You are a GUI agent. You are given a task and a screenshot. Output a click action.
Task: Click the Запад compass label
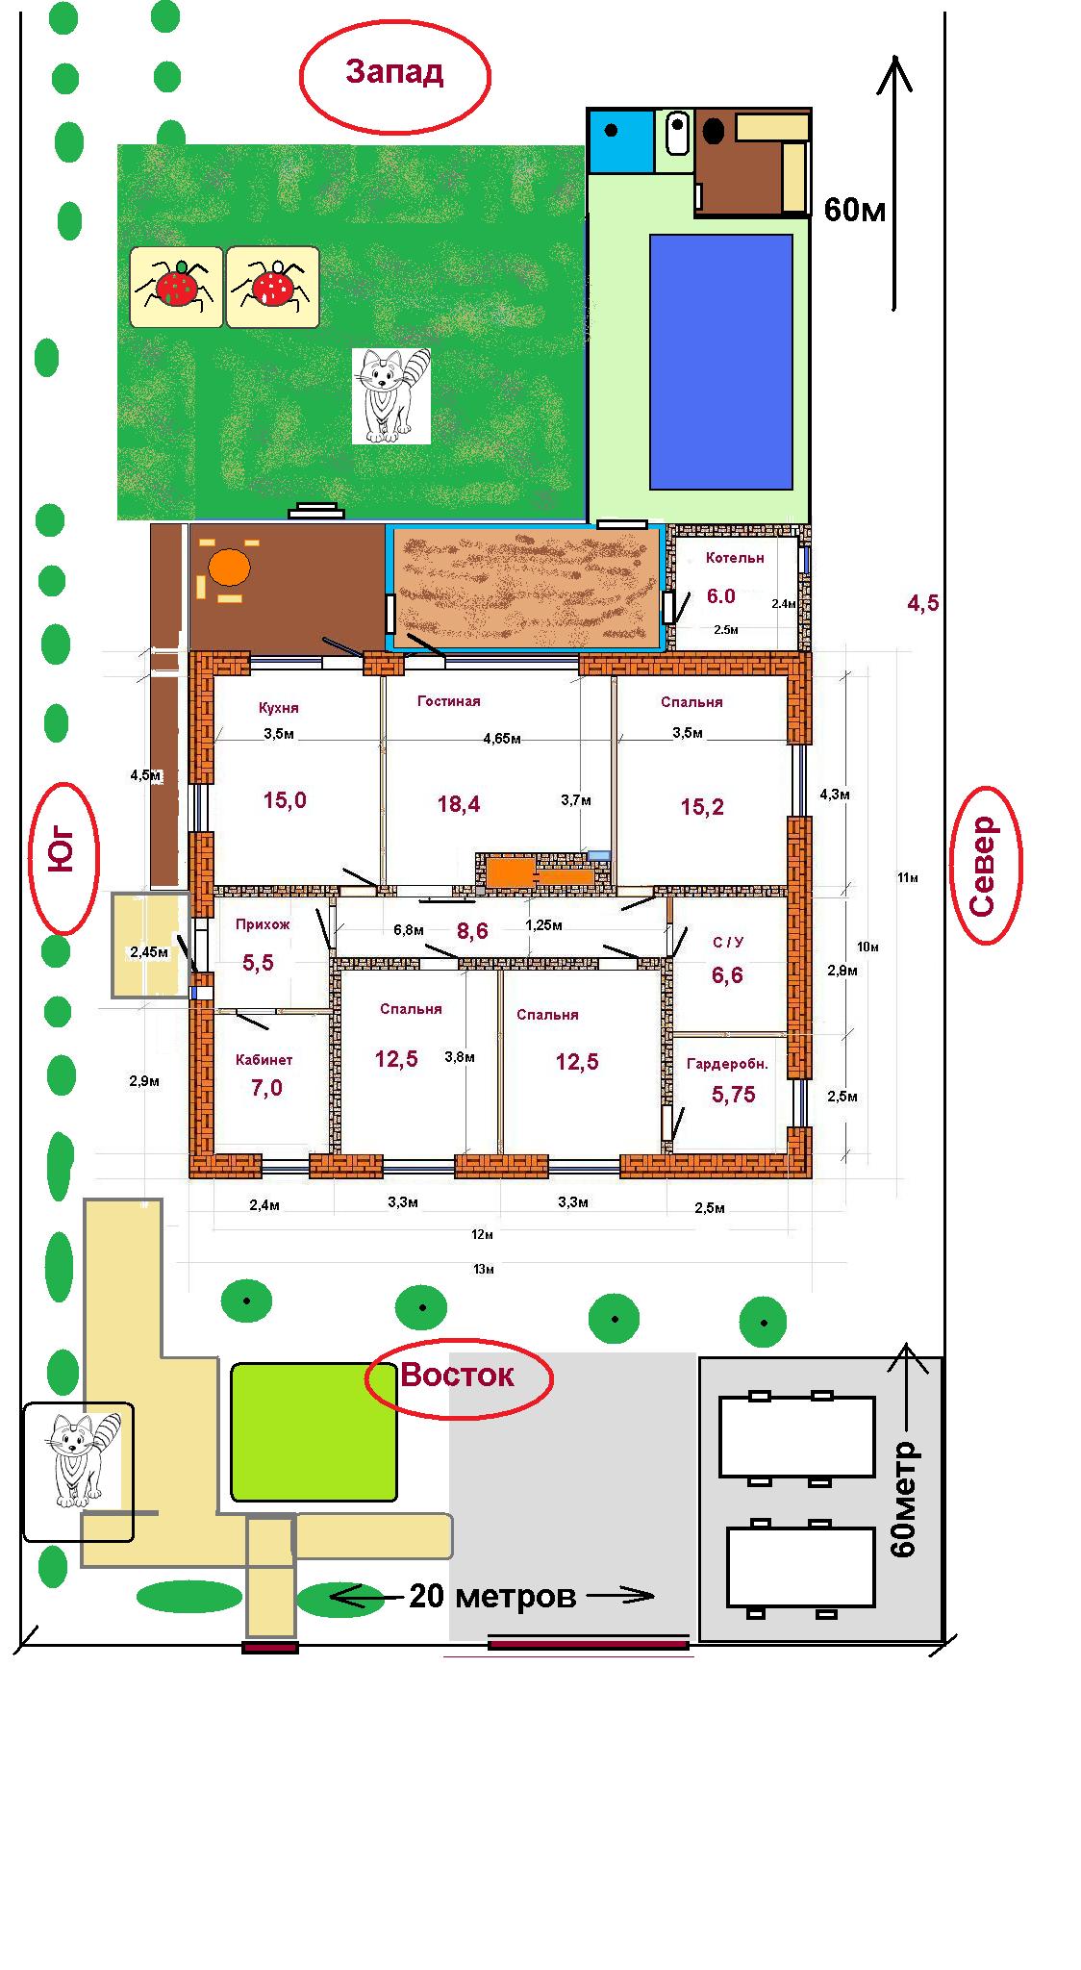394,73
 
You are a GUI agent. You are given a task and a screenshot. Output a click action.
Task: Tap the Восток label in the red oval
458,1375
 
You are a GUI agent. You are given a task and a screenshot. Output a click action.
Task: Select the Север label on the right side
983,865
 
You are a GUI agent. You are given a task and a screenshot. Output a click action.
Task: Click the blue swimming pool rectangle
721,362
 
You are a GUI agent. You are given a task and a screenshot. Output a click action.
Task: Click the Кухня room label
279,708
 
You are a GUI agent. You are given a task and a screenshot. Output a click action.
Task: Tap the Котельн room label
735,558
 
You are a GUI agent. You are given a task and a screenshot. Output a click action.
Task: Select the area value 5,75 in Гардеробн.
734,1094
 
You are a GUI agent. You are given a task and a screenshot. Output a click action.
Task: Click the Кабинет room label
264,1060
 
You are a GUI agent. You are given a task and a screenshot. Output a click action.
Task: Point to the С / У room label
727,943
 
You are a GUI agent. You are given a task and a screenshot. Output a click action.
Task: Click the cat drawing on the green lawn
390,395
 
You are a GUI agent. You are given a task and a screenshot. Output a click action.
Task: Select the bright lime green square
314,1431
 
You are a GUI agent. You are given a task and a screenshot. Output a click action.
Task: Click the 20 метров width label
492,1596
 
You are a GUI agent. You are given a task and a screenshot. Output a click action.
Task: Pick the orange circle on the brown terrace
231,568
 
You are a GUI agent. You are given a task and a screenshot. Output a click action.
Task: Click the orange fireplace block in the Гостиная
510,871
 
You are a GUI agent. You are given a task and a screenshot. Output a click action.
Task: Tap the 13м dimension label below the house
484,1270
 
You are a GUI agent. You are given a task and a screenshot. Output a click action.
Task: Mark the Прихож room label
263,924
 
